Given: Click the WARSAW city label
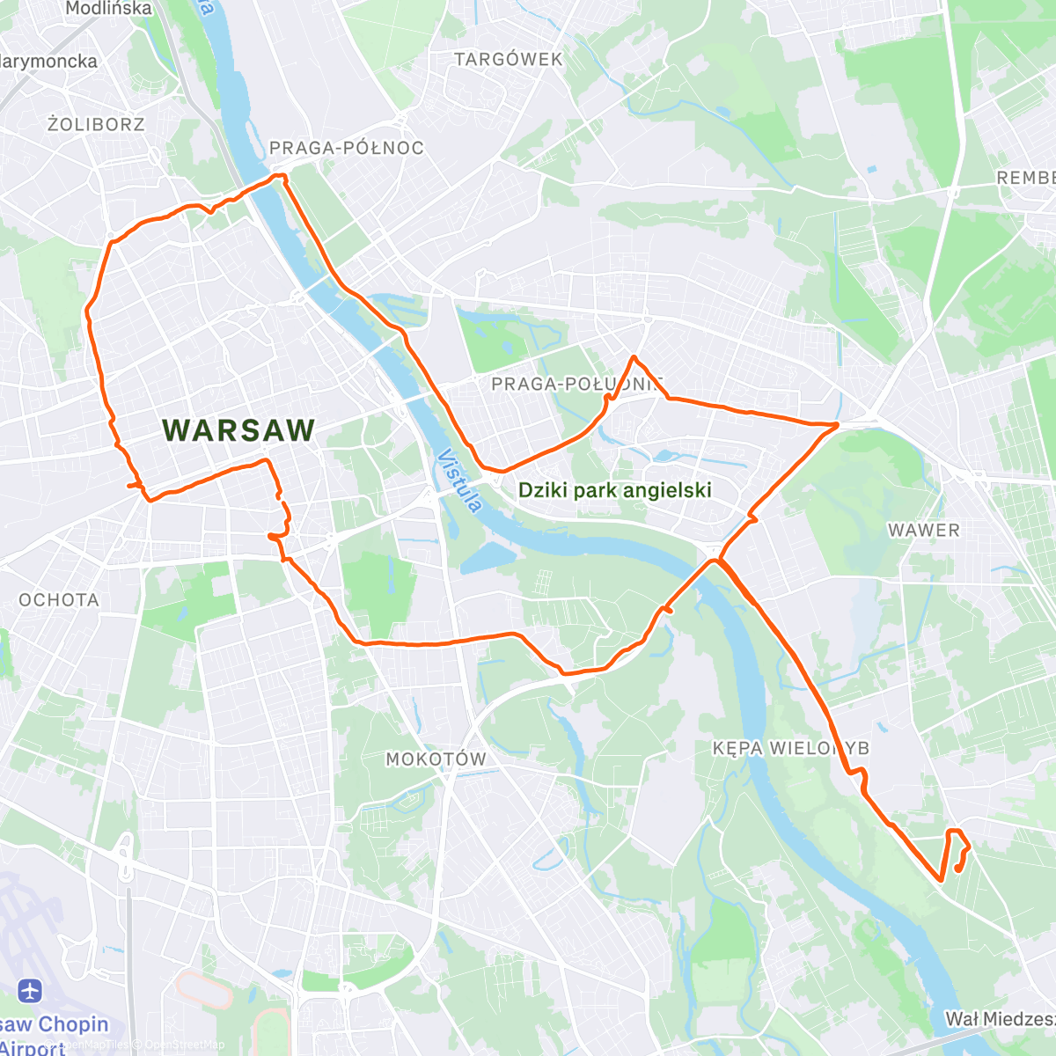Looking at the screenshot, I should pos(238,430).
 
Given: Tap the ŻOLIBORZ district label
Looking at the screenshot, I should pos(96,124).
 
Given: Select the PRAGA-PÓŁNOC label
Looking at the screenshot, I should pos(346,148).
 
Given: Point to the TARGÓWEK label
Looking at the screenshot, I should pos(508,60).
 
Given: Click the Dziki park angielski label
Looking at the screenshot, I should pos(614,490).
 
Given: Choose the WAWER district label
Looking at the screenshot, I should pos(923,530).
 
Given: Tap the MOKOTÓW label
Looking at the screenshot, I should pos(436,759).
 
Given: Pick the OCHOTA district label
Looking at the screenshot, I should pos(59,600).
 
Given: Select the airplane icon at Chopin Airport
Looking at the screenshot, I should pos(30,991).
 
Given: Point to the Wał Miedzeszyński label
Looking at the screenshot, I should pos(1000,1019).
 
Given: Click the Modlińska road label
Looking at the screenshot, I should pos(108,9).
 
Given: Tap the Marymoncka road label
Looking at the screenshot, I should pos(49,62).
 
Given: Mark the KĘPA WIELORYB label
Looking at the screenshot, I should pos(790,748).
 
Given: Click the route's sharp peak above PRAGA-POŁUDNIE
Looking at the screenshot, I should pos(634,356).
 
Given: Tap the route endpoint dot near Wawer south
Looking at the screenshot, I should pos(957,869).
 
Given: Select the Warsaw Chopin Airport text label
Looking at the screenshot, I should pos(53,1035).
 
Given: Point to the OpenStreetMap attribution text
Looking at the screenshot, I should pos(184,1045).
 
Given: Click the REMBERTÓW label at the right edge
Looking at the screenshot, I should pos(1025,178).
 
